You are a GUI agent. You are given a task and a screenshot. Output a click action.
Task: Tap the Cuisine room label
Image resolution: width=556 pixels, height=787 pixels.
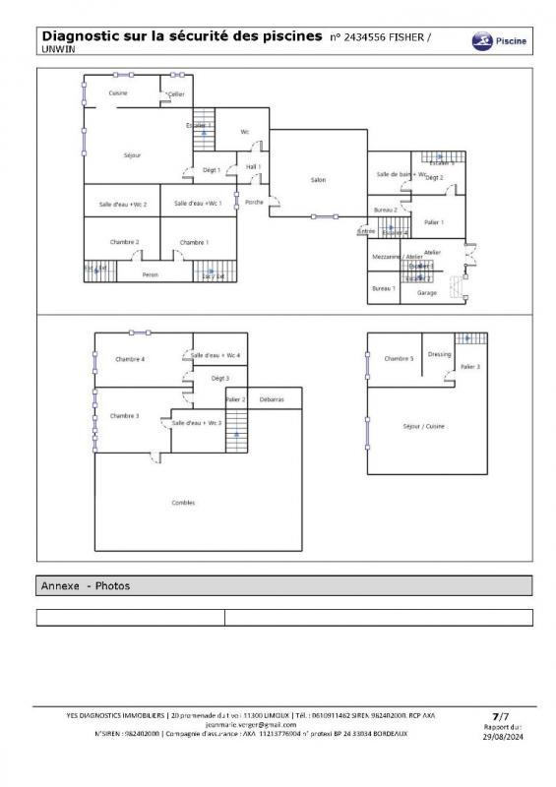[118, 92]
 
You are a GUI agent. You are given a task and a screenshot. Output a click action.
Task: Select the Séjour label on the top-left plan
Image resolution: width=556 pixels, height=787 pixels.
[132, 155]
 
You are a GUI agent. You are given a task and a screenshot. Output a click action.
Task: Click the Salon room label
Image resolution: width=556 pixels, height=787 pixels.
[318, 180]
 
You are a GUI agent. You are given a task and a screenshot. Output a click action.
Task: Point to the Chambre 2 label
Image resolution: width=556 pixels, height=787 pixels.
[124, 242]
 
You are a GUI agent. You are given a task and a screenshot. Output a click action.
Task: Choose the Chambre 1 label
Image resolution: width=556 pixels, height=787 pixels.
[194, 242]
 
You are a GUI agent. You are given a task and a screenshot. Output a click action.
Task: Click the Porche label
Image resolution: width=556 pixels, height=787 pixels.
[255, 202]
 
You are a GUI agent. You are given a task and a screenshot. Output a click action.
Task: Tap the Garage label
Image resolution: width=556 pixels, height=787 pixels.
[427, 293]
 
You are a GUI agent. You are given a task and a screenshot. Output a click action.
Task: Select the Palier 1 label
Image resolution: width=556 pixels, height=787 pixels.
[434, 222]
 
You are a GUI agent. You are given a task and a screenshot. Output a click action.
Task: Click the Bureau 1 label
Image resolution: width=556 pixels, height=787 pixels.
[383, 288]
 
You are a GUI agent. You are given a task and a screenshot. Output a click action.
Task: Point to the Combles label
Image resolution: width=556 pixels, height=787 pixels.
[183, 503]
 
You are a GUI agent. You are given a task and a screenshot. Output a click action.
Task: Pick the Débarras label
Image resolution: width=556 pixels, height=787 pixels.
[272, 399]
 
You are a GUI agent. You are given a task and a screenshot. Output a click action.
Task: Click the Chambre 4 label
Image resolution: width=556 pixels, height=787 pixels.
[130, 359]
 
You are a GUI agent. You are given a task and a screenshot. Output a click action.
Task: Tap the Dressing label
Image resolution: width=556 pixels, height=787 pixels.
[439, 354]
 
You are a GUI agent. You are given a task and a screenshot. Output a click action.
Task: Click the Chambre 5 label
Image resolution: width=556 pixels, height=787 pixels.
[399, 358]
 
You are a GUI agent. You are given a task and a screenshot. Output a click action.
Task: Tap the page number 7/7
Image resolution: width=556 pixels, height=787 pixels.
[501, 716]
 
